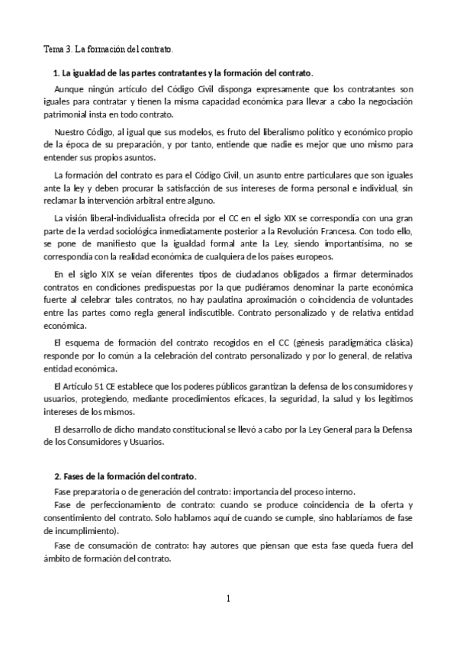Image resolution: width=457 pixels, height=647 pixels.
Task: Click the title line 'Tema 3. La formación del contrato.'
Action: pyautogui.click(x=108, y=50)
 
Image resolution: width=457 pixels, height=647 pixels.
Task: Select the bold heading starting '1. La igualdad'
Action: pyautogui.click(x=182, y=73)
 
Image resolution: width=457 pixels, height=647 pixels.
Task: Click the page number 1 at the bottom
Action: pyautogui.click(x=228, y=599)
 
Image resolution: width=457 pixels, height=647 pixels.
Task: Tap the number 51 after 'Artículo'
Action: pyautogui.click(x=99, y=387)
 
